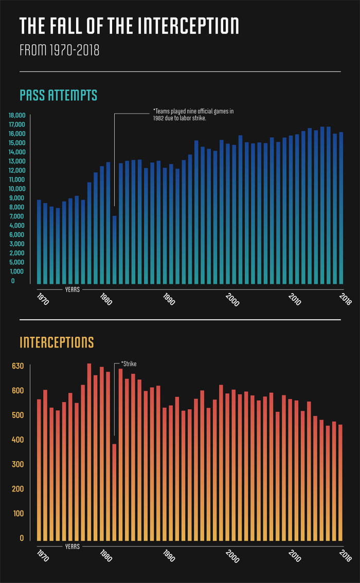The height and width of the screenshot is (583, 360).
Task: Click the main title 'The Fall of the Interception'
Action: point(129,26)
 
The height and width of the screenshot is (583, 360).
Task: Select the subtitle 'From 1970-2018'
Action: point(59,50)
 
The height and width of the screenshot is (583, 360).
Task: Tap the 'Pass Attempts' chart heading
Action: point(58,96)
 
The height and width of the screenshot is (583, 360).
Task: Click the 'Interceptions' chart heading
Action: point(57,342)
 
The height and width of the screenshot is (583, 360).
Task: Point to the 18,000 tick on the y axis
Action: point(16,115)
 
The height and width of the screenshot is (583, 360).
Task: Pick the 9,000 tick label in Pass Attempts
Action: point(16,197)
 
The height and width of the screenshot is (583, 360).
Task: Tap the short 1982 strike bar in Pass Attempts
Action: point(115,249)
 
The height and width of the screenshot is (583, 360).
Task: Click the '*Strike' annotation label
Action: point(129,364)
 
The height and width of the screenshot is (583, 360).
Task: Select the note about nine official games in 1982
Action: point(193,115)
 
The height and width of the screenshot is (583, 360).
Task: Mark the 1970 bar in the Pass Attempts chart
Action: point(39,242)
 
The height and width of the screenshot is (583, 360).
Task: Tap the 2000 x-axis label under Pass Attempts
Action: point(232,300)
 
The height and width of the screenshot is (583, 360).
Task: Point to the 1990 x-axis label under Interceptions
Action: point(168,557)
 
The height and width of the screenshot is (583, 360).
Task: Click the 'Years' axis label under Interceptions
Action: point(72,546)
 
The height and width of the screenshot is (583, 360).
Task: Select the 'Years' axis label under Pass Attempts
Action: point(72,289)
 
